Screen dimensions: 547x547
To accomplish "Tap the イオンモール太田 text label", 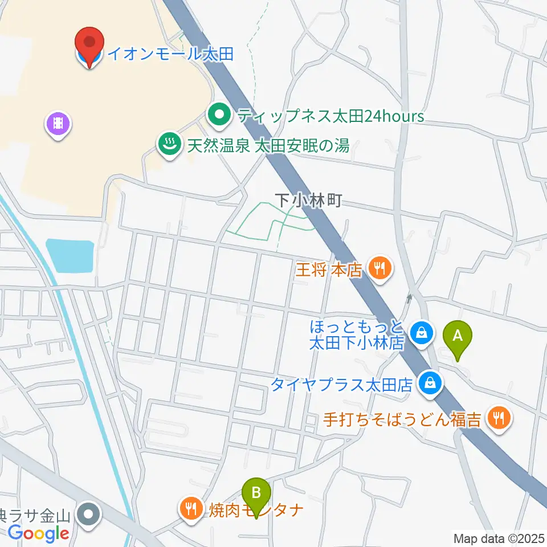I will tap(170, 55).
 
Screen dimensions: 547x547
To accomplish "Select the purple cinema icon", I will tap(59, 123).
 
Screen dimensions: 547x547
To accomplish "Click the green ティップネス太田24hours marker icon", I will tap(219, 116).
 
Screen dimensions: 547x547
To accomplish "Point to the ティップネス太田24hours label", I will tap(330, 117).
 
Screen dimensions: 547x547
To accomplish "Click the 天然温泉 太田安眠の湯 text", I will tap(268, 146).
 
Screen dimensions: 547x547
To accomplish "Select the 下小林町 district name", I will tap(308, 200).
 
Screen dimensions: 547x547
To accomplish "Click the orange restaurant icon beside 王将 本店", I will tap(379, 267).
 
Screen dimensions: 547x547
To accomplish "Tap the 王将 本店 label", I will tap(329, 269).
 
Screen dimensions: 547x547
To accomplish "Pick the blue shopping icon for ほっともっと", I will tap(422, 333).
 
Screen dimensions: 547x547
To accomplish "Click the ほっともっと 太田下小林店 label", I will tap(357, 335).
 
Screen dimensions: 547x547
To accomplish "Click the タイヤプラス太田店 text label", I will tap(341, 385).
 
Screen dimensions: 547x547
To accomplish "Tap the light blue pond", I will tap(70, 255).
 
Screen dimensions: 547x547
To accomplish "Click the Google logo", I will tap(39, 533).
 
